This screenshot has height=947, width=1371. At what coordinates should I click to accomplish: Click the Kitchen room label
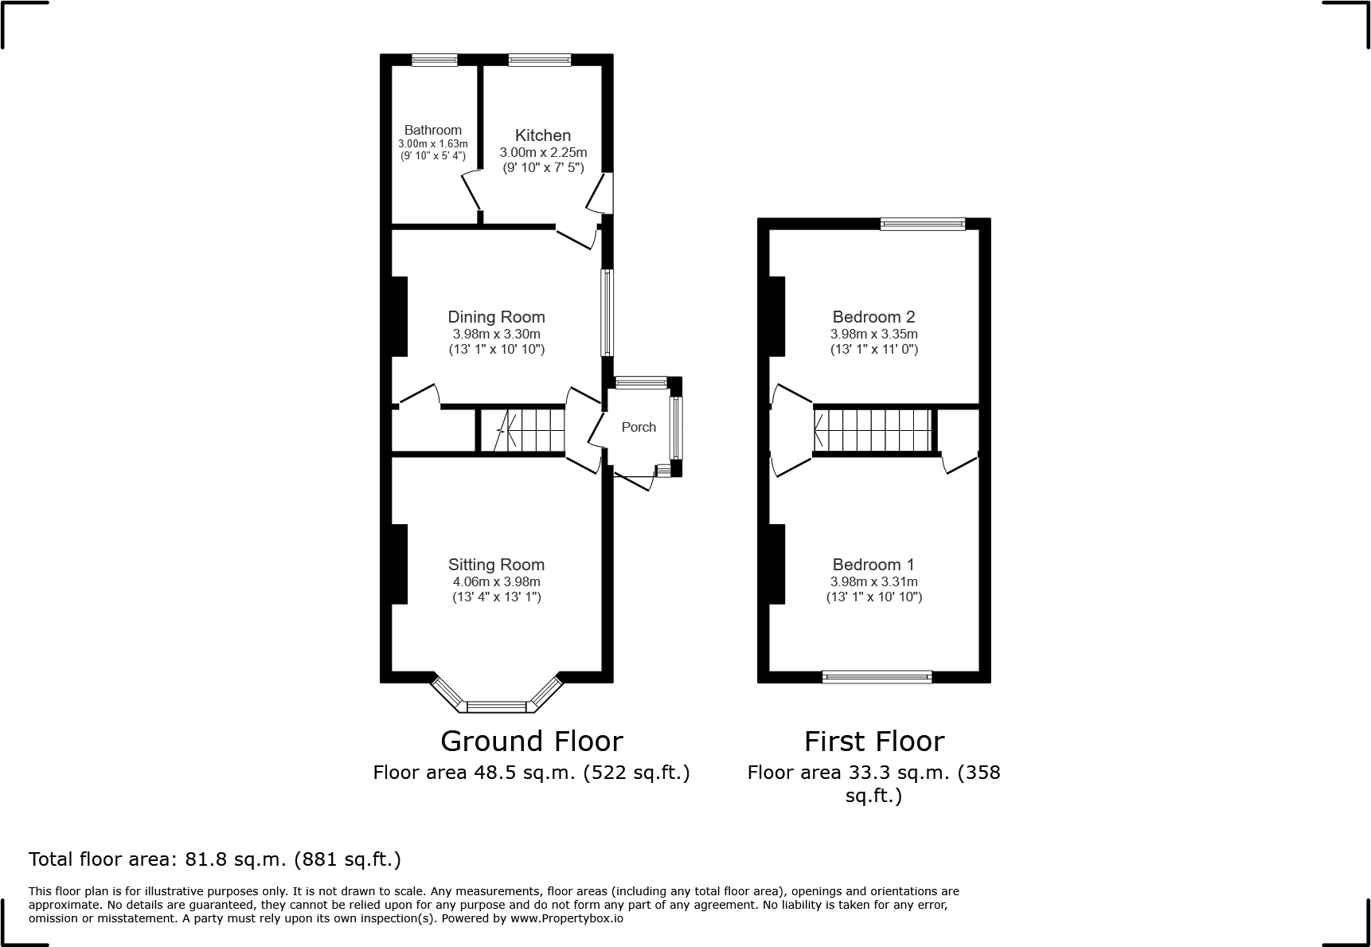coord(543,135)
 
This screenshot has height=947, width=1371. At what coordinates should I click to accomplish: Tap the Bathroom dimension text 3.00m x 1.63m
coord(433,143)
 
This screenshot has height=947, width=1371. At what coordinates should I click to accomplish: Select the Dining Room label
coord(496,317)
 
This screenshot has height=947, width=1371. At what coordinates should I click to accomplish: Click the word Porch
coord(639,427)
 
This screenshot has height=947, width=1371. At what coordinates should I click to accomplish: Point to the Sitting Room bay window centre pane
coord(497,706)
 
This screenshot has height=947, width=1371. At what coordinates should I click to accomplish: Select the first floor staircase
coord(873,430)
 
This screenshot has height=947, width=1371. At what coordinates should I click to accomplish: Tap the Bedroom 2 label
coord(873,317)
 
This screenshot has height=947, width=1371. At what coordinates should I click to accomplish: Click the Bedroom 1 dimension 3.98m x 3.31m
coord(873,581)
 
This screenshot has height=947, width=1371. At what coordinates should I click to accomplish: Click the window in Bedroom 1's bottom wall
coord(877,677)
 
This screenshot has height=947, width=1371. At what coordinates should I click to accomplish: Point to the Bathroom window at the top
coord(435,60)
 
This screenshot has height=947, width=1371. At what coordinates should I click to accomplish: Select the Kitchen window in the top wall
coord(540,60)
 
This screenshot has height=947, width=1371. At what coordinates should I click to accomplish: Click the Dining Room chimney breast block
coord(399,316)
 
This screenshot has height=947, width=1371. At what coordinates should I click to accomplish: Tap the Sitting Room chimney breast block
coord(399,564)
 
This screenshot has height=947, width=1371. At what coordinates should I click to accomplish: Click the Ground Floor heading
coord(531,742)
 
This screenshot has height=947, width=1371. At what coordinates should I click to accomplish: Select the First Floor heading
coord(873,742)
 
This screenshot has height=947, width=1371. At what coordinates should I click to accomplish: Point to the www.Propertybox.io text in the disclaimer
coord(566,918)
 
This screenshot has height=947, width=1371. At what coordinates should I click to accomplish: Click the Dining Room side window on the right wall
coord(607,312)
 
